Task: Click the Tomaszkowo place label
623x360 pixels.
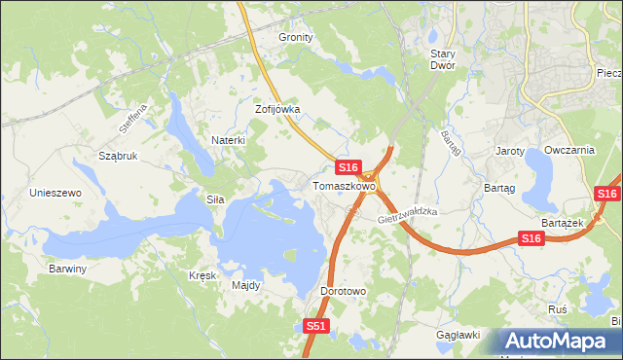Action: pyautogui.click(x=344, y=185)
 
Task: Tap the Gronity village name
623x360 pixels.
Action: pyautogui.click(x=296, y=37)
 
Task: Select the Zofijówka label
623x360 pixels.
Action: pyautogui.click(x=277, y=110)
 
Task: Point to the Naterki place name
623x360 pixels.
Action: pyautogui.click(x=228, y=140)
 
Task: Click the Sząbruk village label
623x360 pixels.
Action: pyautogui.click(x=118, y=156)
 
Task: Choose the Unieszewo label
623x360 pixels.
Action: pyautogui.click(x=55, y=193)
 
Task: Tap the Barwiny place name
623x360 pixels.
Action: pyautogui.click(x=68, y=269)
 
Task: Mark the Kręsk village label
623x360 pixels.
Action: pyautogui.click(x=202, y=275)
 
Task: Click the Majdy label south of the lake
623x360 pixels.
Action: pyautogui.click(x=245, y=286)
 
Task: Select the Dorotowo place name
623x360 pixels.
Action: pyautogui.click(x=343, y=291)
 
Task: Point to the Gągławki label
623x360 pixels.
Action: pyautogui.click(x=458, y=335)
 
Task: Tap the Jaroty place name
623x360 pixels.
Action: pyautogui.click(x=510, y=152)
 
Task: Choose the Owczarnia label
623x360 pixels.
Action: pyautogui.click(x=569, y=151)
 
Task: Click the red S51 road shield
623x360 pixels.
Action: pyautogui.click(x=315, y=327)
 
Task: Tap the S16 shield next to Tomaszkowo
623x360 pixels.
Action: pyautogui.click(x=351, y=167)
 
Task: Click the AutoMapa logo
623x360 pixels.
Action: pyautogui.click(x=557, y=342)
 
